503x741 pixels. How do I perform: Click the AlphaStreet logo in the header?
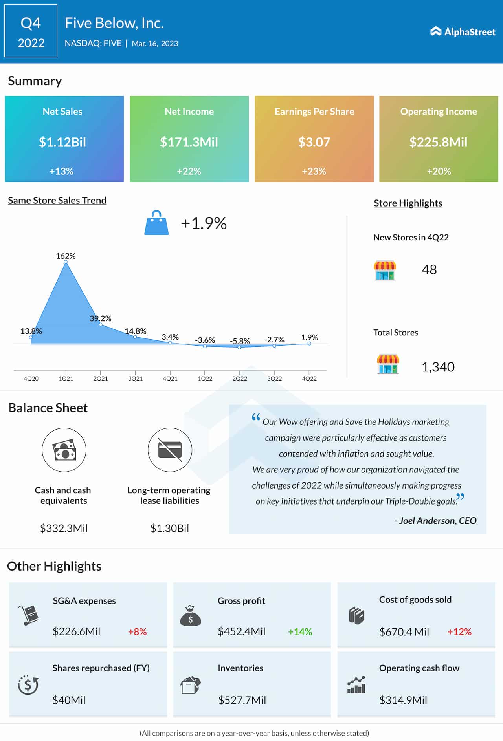point(463,32)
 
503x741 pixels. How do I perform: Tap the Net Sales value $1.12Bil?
point(62,142)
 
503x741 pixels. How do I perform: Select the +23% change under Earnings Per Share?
point(314,171)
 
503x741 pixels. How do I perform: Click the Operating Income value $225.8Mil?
point(439,142)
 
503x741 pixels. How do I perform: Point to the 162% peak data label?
point(66,256)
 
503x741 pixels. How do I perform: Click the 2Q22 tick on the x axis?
point(240,379)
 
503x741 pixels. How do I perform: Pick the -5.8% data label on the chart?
point(240,341)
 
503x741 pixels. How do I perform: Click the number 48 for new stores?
point(429,270)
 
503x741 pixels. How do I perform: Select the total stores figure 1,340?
point(438,367)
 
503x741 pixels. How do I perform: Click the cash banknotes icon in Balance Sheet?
point(64,450)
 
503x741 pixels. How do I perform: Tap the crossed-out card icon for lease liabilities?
point(170,450)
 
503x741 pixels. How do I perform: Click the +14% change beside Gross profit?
point(300,632)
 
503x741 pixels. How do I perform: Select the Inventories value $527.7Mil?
point(242,700)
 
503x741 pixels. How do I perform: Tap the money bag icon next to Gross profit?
point(191,616)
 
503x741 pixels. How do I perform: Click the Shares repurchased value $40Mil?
point(69,700)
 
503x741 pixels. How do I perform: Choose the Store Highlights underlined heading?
point(408,203)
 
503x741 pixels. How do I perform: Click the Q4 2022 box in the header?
point(31,31)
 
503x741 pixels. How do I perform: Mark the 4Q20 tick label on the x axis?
point(31,379)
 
